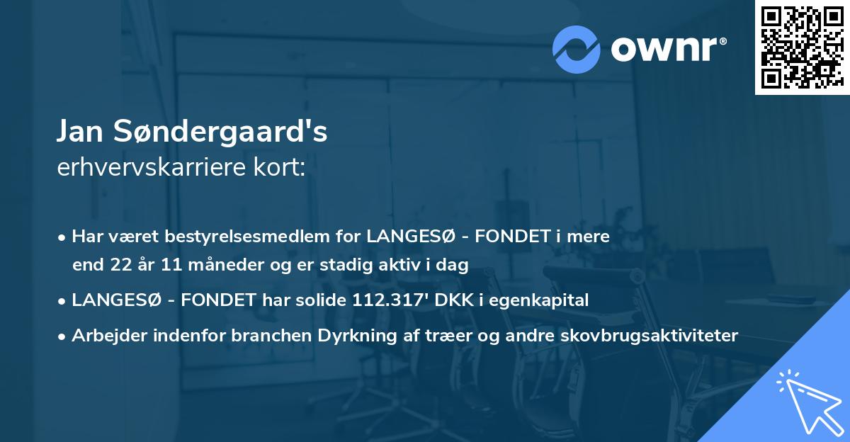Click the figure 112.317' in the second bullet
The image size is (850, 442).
coord(392,300)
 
